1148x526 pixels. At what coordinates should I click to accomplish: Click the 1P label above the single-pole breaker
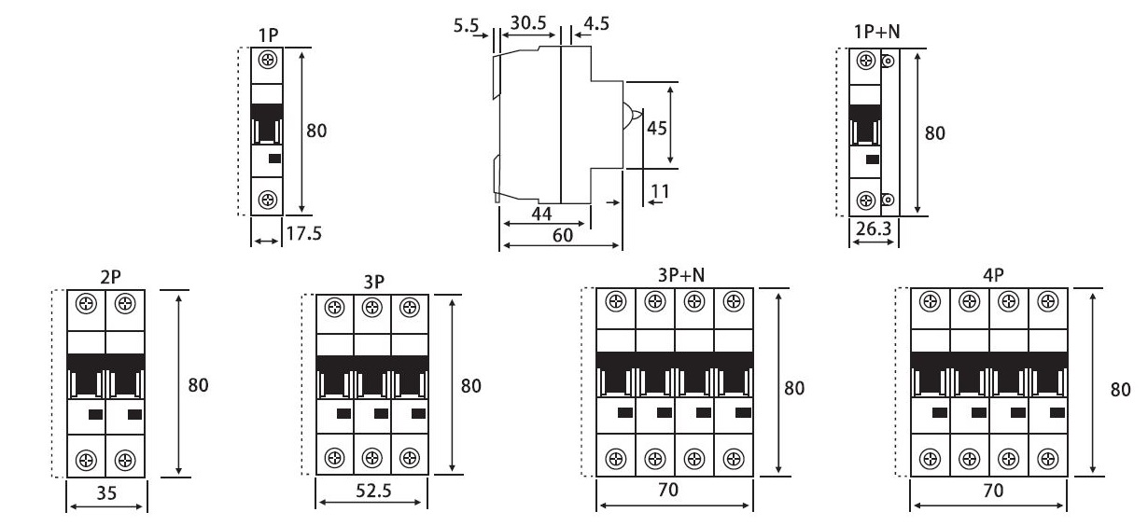coord(269,35)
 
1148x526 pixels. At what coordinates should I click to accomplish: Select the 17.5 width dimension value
coord(303,233)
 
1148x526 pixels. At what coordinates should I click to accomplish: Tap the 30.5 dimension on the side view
coord(528,22)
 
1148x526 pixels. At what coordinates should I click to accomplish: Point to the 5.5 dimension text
coord(465,25)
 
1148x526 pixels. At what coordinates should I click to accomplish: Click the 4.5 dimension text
coord(595,23)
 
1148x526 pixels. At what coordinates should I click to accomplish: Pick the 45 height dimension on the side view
coord(656,128)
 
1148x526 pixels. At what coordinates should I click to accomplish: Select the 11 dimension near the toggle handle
coord(660,192)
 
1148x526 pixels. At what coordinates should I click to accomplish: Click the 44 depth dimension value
coord(541,215)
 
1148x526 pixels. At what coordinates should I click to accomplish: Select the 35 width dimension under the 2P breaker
coord(106,494)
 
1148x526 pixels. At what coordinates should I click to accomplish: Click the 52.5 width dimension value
coord(371,491)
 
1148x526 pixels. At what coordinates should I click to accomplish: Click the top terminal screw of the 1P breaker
coord(269,61)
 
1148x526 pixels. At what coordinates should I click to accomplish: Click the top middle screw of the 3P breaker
coord(371,307)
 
